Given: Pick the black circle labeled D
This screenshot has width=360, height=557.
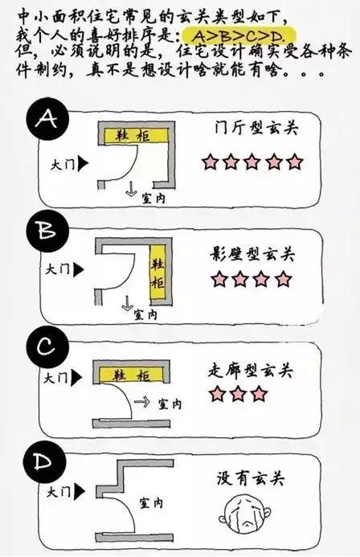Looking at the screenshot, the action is [x=44, y=462].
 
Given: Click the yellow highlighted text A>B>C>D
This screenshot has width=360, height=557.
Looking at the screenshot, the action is [x=238, y=36].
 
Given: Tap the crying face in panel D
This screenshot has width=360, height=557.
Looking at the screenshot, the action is [x=245, y=511].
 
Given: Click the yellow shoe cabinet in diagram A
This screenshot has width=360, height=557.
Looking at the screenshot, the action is [x=136, y=136].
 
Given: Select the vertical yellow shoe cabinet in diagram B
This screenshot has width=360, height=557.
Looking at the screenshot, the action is [x=157, y=272].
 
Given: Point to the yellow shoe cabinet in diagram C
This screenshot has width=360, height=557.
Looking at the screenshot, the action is [x=131, y=375].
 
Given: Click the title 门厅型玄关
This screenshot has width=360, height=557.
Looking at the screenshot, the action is [x=256, y=129].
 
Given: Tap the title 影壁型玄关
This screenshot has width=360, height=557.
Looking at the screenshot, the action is [x=252, y=254].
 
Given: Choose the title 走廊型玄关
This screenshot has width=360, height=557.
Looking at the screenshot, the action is [x=250, y=371].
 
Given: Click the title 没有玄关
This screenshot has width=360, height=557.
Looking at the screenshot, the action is [x=251, y=478].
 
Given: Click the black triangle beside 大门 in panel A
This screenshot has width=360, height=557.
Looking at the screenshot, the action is [x=83, y=164].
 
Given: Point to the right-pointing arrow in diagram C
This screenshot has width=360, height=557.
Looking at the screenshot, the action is [x=141, y=403].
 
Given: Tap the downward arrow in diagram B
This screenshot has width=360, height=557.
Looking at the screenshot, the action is [x=127, y=303].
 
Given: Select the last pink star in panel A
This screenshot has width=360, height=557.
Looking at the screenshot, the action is [x=295, y=162].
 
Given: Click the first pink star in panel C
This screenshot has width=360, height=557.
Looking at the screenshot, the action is [x=217, y=394].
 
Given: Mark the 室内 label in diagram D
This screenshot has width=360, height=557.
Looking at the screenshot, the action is [x=151, y=503].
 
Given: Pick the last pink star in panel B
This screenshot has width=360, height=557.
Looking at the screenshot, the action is [x=284, y=279].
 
